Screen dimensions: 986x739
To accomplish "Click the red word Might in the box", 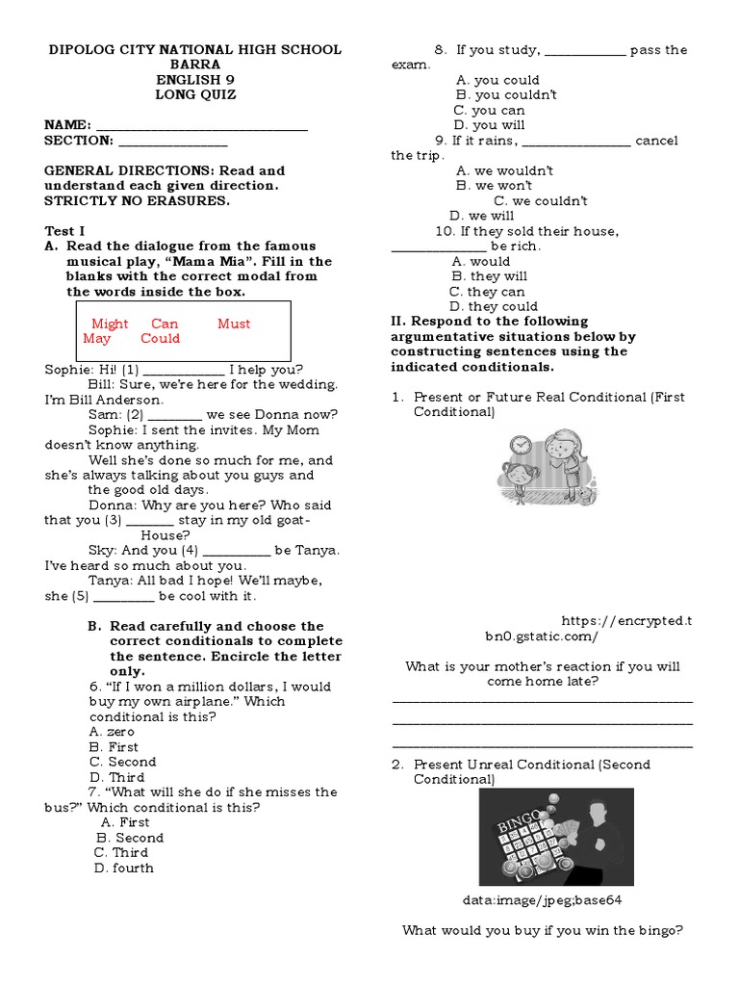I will point(110,324).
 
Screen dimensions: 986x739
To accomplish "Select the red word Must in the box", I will point(234,324).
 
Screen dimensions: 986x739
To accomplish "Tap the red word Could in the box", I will point(160,339).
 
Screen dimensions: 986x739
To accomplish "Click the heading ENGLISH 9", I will point(195,80).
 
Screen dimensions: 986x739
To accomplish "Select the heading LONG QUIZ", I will point(195,95).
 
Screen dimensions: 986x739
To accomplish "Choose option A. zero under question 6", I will point(112,732).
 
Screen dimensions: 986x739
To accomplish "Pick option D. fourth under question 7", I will point(123,868).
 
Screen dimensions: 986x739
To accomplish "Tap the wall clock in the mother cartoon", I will point(521,446).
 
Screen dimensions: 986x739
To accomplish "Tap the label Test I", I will point(65,231).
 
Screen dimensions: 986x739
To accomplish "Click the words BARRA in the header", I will point(195,65).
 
